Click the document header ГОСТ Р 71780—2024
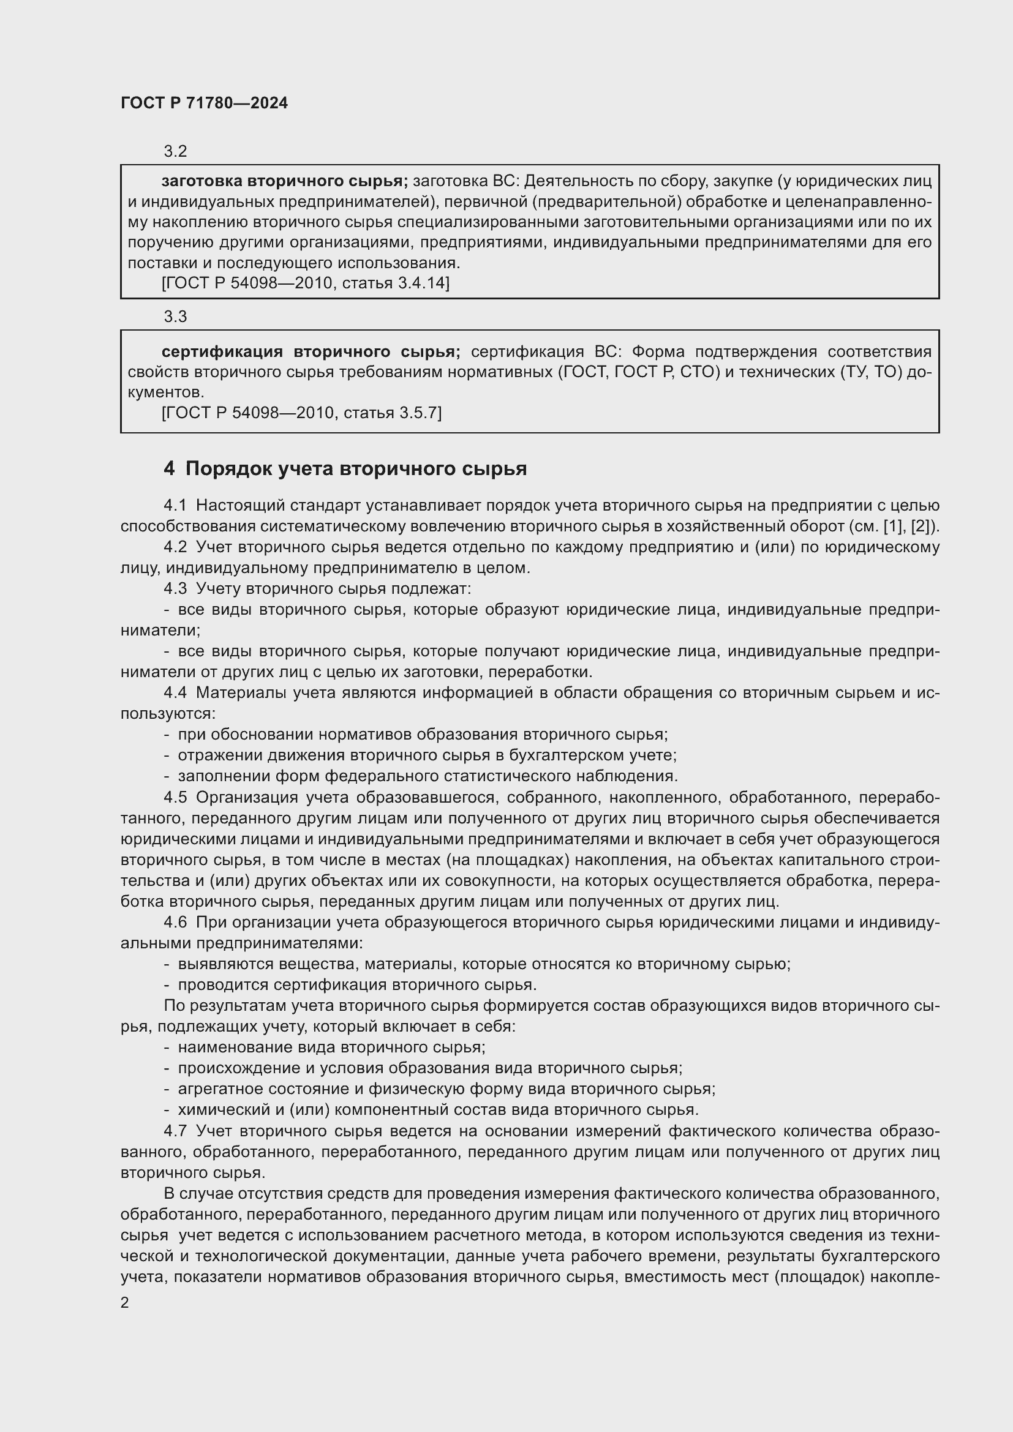(x=204, y=103)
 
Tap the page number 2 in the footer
(x=125, y=1302)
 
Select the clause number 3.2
(x=175, y=152)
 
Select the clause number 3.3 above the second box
(x=175, y=317)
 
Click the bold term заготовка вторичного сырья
(x=284, y=181)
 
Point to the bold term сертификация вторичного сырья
(x=311, y=352)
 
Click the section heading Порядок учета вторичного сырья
(x=356, y=468)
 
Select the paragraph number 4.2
(x=175, y=547)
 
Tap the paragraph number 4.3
(x=175, y=589)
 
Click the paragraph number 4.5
(x=175, y=797)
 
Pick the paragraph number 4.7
(x=175, y=1131)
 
